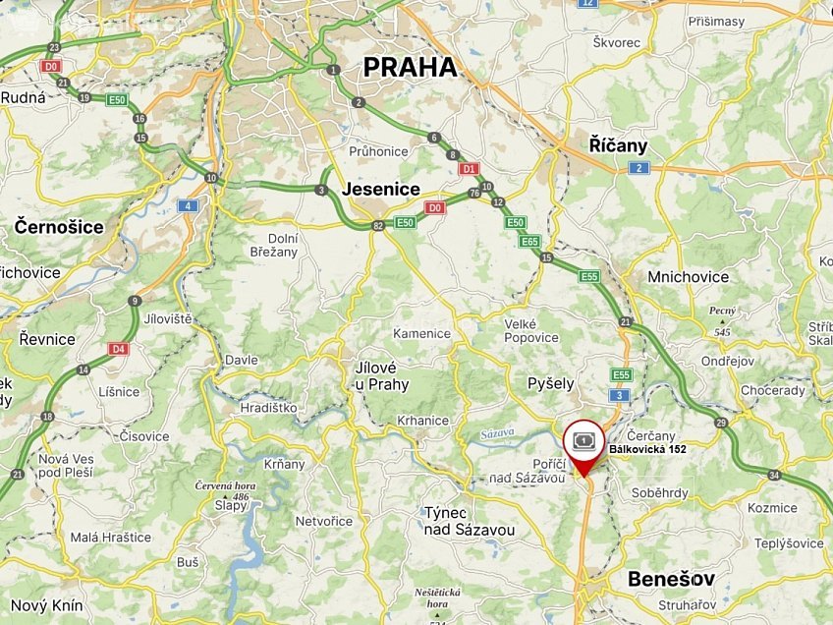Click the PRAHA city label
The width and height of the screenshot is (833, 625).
[x=410, y=67]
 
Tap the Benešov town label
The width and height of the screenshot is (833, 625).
[x=671, y=579]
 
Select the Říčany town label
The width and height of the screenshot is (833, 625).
[x=618, y=145]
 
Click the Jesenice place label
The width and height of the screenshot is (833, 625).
[x=380, y=190]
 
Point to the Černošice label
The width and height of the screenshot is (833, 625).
[x=59, y=227]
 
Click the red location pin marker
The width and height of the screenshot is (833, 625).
[x=584, y=444]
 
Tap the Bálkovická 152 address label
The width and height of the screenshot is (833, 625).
[x=647, y=449]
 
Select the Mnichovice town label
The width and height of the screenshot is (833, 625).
[x=688, y=277]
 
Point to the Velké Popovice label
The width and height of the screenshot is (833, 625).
[x=531, y=331]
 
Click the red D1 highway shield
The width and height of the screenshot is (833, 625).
[x=470, y=169]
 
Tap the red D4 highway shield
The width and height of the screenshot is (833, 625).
[x=119, y=348]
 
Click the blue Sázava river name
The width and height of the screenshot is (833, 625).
[x=498, y=432]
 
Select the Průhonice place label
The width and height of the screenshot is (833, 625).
[x=378, y=151]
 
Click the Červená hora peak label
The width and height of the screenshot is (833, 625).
[x=225, y=486]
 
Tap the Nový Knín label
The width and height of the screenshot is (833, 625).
[x=46, y=605]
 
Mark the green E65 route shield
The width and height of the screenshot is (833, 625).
[x=529, y=241]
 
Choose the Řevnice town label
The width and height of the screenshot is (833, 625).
[x=47, y=339]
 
